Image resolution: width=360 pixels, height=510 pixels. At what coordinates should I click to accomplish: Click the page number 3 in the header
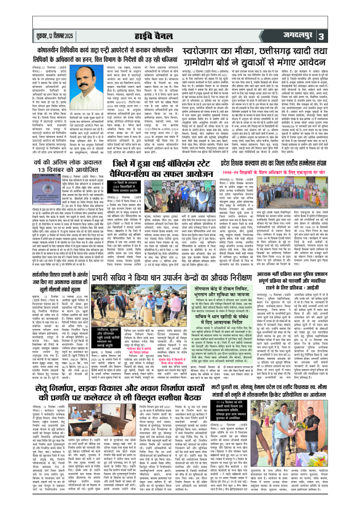(x=346, y=36)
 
